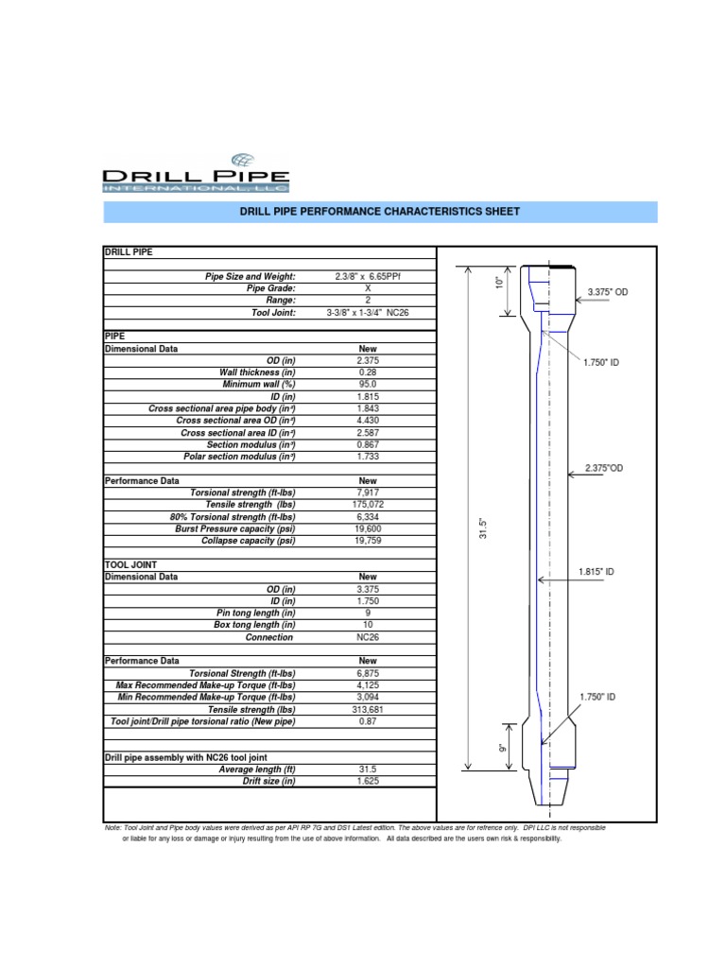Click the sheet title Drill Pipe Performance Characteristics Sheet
tap(380, 212)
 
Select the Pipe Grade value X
tap(367, 287)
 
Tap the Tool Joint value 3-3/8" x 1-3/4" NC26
tap(367, 312)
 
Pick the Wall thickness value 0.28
tap(367, 372)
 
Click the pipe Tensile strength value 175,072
tap(367, 505)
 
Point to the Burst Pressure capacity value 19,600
tap(367, 529)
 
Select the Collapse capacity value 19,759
tap(367, 542)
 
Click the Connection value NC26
tap(367, 637)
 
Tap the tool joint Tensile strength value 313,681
tap(367, 710)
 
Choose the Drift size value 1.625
tap(367, 782)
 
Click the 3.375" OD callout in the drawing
tap(607, 293)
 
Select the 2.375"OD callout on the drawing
tap(604, 468)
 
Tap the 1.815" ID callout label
tap(596, 572)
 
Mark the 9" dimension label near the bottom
tap(502, 749)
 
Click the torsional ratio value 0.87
tap(367, 722)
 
